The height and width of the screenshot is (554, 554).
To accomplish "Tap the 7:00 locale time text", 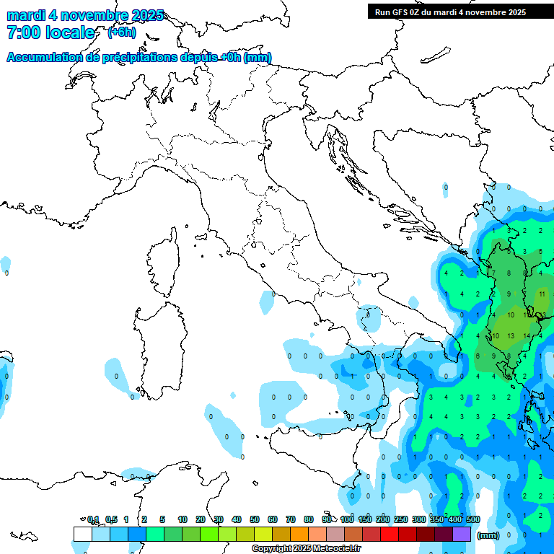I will (50, 32).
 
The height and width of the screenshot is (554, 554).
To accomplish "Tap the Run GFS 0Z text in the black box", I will (401, 12).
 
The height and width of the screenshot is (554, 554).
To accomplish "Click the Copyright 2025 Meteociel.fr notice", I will (306, 548).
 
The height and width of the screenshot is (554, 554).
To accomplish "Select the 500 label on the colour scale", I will (472, 519).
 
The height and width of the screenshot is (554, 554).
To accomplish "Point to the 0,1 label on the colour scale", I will (93, 519).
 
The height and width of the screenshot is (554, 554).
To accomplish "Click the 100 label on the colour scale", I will (347, 519).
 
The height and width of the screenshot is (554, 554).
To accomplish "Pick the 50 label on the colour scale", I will (255, 519).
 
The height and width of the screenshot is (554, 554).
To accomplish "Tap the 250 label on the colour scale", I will (401, 519).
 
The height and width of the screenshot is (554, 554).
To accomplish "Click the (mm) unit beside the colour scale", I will (488, 535).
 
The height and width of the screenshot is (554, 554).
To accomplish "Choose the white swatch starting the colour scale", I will (82, 534).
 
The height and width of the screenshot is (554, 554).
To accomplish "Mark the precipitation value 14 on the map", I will (527, 336).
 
